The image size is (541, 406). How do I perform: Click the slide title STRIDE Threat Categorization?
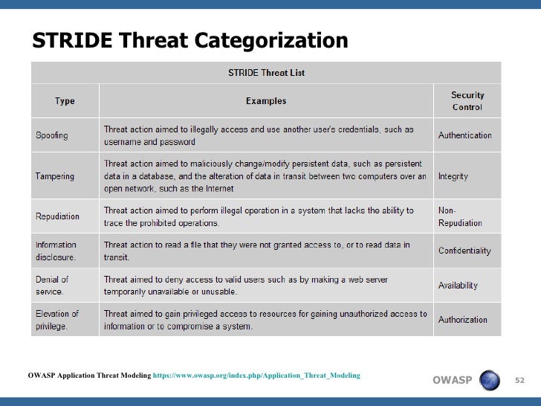pos(189,41)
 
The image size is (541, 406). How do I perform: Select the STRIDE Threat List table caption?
pos(265,73)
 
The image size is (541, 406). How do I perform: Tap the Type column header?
pos(65,101)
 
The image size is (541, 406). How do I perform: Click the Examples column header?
pos(266,101)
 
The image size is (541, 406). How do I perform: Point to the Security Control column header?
pos(467,101)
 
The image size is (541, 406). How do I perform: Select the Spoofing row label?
pos(52,135)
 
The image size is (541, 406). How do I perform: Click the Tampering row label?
pos(55,176)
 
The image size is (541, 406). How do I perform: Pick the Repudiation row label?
pos(57,216)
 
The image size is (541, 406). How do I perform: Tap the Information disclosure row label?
pos(56,251)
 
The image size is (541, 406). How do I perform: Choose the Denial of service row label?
pos(53,285)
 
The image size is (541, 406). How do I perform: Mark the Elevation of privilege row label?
pos(57,320)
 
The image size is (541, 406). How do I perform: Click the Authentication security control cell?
pos(464,135)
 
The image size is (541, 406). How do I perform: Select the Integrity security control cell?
pos(453,176)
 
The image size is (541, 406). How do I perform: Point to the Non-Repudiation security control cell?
pos(460,216)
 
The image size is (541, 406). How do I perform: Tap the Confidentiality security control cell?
pos(464,251)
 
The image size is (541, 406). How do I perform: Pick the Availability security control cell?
pos(458,285)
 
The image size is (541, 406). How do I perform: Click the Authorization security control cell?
pos(462,320)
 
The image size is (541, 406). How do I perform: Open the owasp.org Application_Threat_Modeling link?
pos(256,376)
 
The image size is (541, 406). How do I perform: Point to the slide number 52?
pos(519,381)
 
